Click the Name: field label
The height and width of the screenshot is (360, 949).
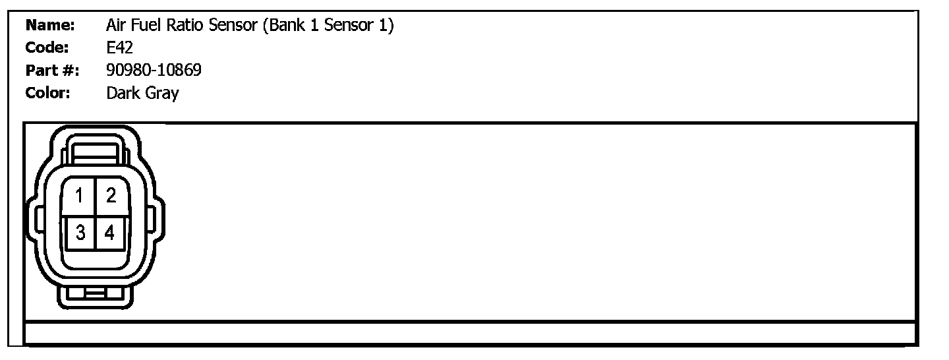49,26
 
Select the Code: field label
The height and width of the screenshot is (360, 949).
47,48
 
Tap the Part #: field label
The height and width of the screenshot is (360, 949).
52,71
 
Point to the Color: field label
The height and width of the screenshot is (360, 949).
48,93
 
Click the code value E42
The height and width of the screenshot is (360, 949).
119,48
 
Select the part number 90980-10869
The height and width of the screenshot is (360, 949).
154,71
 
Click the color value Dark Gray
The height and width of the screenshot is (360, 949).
142,94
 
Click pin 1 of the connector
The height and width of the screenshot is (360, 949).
79,196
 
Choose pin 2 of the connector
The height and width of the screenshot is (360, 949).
111,196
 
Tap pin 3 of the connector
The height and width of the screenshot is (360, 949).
79,232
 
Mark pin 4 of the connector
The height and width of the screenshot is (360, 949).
109,232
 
